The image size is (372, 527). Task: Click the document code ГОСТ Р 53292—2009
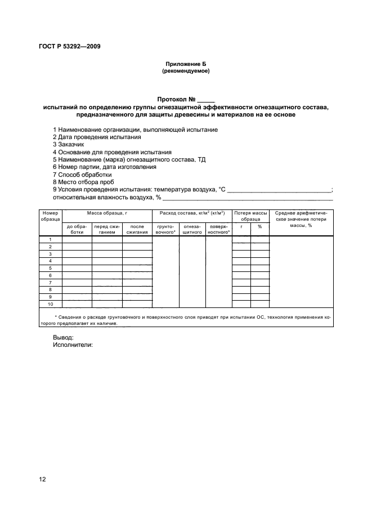(x=70, y=47)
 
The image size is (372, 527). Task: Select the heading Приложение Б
(x=186, y=65)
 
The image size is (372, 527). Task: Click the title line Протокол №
(x=186, y=99)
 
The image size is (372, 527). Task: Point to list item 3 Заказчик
(x=69, y=144)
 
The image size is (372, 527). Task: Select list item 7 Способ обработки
(x=82, y=175)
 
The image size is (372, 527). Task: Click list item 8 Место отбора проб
(x=83, y=182)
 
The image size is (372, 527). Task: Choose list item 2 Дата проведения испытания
(x=97, y=137)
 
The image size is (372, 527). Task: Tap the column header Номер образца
(x=50, y=216)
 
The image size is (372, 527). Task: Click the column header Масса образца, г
(x=107, y=213)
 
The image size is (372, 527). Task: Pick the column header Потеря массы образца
(x=251, y=216)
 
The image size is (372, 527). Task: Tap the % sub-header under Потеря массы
(x=260, y=226)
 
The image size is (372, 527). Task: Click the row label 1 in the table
(x=50, y=239)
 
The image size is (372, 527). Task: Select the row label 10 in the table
(x=50, y=304)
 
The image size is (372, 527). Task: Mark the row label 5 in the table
(x=50, y=268)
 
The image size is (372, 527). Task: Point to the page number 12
(x=42, y=479)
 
